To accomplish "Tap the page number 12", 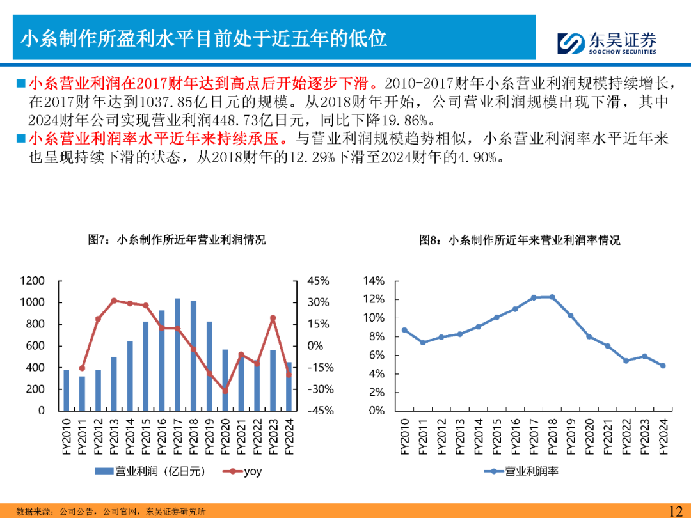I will coord(675,510).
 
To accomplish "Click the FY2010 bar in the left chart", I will coord(66,390).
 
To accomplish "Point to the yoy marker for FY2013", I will coord(114,301).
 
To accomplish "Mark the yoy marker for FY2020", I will coord(225,390).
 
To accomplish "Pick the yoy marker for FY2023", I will coord(273,318).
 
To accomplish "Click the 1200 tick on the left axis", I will coord(32,281).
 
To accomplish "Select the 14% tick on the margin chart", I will coord(374,281).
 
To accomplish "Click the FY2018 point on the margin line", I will coord(552,297).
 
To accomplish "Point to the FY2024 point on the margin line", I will coord(663,366).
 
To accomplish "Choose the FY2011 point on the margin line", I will coord(422,343).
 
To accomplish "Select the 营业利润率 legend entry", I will coord(522,471).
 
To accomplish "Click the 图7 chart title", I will coord(176,240).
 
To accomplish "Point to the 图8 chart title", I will coord(520,240).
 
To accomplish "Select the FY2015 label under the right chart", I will coord(496,436).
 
